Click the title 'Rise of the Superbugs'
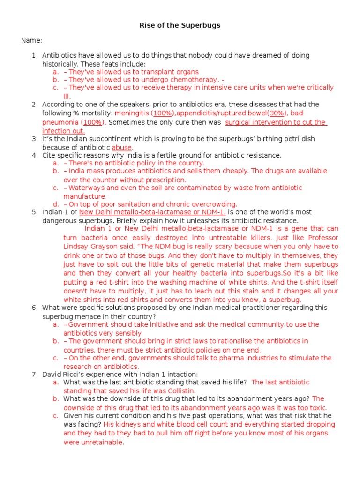tap(180, 25)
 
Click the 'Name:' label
tap(31, 40)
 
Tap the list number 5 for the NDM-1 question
tap(34, 212)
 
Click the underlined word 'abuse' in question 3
tap(122, 147)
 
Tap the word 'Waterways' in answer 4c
tap(89, 187)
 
